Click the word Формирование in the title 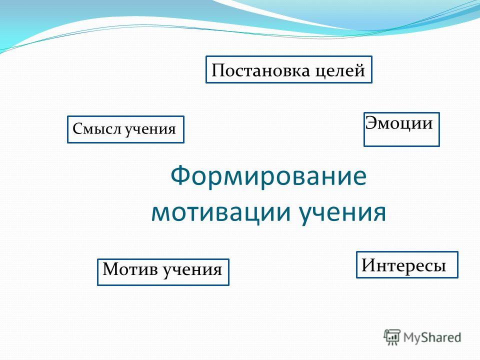[x=268, y=175]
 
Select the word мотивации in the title [x=220, y=212]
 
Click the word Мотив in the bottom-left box [x=130, y=269]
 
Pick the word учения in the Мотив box [x=192, y=270]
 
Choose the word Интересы [x=404, y=265]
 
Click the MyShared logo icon [x=392, y=337]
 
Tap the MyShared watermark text [x=432, y=337]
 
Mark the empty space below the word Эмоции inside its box [x=401, y=138]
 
